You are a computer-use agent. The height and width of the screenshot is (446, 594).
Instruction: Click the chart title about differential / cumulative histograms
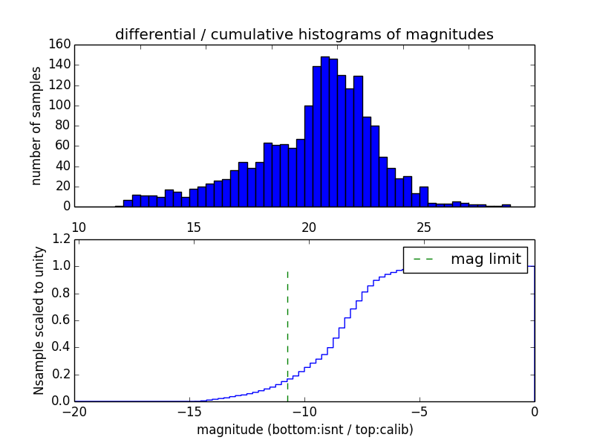(304, 34)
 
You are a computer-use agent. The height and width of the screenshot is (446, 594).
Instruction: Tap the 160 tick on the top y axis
(62, 45)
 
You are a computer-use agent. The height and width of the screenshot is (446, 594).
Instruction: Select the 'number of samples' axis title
(36, 126)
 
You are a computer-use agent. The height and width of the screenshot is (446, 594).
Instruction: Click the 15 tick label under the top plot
(193, 227)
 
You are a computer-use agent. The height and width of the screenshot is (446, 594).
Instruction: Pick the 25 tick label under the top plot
(423, 227)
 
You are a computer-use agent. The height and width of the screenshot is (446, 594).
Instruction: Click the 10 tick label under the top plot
(78, 227)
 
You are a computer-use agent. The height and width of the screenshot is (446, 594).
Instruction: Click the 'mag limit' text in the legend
(486, 259)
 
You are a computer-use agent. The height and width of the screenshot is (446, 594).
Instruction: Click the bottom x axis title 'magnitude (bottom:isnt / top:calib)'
(304, 430)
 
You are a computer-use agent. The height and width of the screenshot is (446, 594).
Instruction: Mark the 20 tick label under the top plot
(308, 227)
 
